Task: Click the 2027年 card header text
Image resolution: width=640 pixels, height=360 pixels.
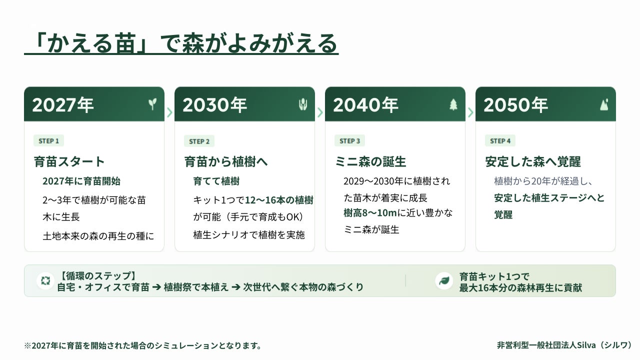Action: point(63,105)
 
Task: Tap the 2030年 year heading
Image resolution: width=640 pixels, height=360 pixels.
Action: point(214,105)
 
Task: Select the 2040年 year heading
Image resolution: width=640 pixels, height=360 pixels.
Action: point(365,105)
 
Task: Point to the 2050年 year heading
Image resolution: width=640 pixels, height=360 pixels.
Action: point(515,105)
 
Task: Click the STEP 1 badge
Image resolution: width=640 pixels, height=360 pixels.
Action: point(48,141)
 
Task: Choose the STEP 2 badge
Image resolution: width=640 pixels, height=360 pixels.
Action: point(199,141)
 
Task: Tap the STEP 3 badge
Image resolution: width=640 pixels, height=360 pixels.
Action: point(349,141)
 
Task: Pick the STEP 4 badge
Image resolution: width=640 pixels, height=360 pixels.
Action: point(500,141)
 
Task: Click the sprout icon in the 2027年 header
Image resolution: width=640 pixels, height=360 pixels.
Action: point(152,104)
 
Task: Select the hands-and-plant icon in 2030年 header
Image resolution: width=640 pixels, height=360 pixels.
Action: point(303,104)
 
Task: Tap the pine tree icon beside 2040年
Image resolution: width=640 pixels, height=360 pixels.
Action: point(453,104)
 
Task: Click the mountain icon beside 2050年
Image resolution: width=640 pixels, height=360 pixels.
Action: point(604,104)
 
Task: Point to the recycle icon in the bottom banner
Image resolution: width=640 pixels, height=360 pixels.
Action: point(45,280)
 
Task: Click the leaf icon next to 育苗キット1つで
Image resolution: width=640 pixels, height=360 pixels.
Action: point(444,281)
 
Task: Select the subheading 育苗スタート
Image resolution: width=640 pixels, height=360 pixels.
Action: point(69,161)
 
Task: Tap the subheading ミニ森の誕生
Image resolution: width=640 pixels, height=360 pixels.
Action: point(370,161)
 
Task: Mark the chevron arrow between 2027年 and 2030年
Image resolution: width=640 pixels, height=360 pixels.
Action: point(169,112)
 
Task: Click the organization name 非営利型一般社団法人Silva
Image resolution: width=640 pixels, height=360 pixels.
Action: point(546,345)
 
